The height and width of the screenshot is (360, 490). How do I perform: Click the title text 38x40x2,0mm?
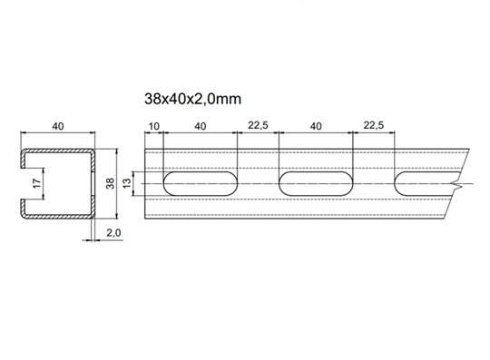(192, 99)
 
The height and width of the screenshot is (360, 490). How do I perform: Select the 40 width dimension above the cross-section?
(58, 126)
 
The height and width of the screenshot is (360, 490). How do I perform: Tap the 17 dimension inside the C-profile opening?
(37, 183)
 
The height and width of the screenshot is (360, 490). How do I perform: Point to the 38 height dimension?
(111, 183)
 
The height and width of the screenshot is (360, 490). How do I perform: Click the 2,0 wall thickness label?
(113, 233)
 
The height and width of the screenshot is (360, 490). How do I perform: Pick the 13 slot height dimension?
(126, 183)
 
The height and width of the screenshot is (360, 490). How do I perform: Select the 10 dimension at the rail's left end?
(153, 126)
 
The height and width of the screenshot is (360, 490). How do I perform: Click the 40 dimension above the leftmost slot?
(201, 126)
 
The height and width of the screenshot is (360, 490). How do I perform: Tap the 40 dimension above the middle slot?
(316, 126)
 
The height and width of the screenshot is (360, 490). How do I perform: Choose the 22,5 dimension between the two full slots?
(258, 125)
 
